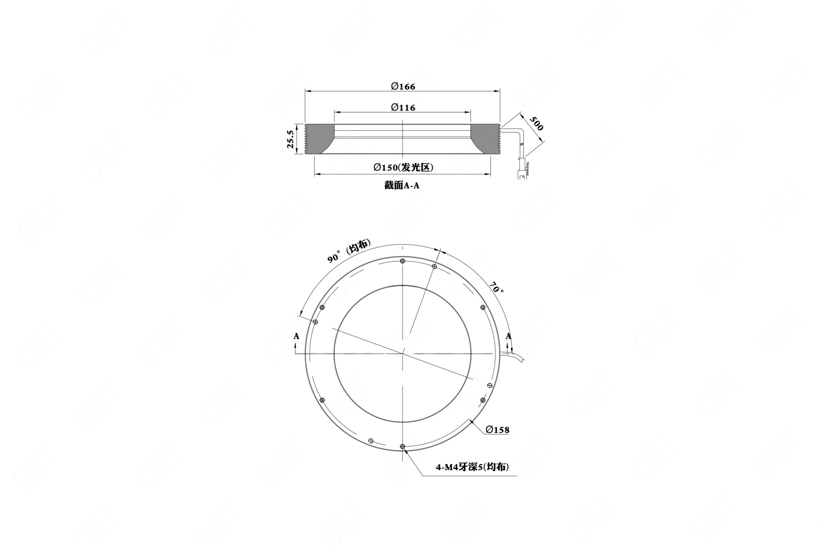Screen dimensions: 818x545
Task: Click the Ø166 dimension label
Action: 403,86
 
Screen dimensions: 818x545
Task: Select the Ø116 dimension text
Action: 403,107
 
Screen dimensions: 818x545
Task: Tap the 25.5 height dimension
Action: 291,139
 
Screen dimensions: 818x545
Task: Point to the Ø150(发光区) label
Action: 403,168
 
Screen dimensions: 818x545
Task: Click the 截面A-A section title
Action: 401,186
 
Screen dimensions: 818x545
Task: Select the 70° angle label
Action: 496,288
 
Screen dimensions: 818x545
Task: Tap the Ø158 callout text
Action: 498,430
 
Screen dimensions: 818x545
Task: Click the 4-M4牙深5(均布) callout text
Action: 472,467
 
